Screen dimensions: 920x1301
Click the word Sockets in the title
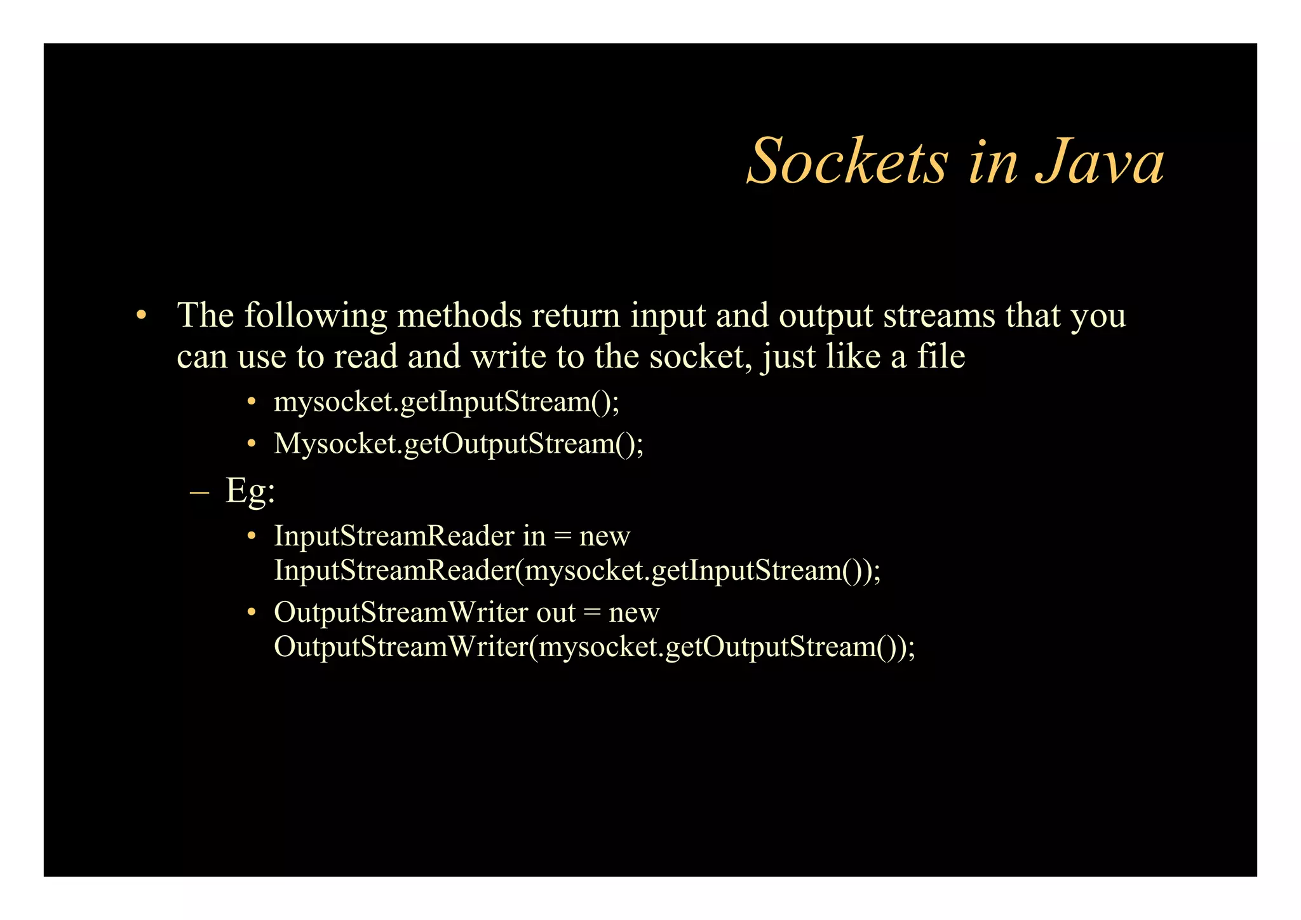(x=848, y=162)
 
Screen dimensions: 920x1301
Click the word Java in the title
(x=1100, y=162)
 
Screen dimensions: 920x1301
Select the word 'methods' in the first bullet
(x=459, y=315)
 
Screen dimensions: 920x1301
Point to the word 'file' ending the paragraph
(x=941, y=355)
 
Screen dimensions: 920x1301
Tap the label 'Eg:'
(x=250, y=491)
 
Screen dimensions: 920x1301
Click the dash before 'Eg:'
(x=199, y=493)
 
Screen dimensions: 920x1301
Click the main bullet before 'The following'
(x=141, y=315)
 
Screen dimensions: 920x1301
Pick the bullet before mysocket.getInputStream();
(x=252, y=402)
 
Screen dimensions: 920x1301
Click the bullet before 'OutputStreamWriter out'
(x=252, y=612)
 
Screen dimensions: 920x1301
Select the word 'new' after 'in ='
(x=604, y=537)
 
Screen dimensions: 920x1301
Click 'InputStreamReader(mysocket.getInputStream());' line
(x=577, y=571)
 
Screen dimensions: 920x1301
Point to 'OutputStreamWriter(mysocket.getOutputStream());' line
(x=594, y=647)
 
